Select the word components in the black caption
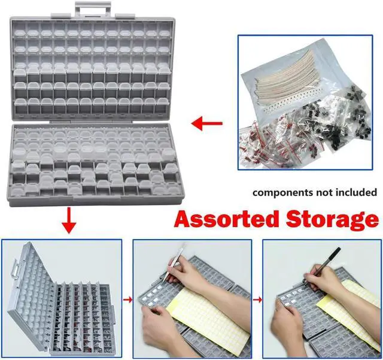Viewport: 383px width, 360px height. pos(284,193)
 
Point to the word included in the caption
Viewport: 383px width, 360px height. pos(357,193)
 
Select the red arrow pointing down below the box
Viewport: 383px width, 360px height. pos(69,220)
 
